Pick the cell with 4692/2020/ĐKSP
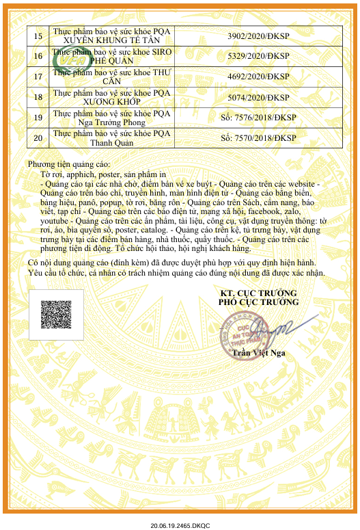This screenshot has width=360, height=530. point(258,77)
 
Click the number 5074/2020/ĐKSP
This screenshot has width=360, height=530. point(258,97)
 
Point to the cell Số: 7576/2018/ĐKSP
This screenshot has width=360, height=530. point(258,118)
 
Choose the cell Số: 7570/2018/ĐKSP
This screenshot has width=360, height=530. point(258,138)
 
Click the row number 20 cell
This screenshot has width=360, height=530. point(38,138)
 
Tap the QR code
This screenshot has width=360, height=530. point(56,315)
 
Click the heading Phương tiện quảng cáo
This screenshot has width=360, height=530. point(68,165)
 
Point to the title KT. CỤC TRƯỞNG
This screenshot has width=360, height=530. point(258,293)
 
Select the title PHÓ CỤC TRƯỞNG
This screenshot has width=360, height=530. point(258,302)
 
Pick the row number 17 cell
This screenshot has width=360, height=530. point(38,77)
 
